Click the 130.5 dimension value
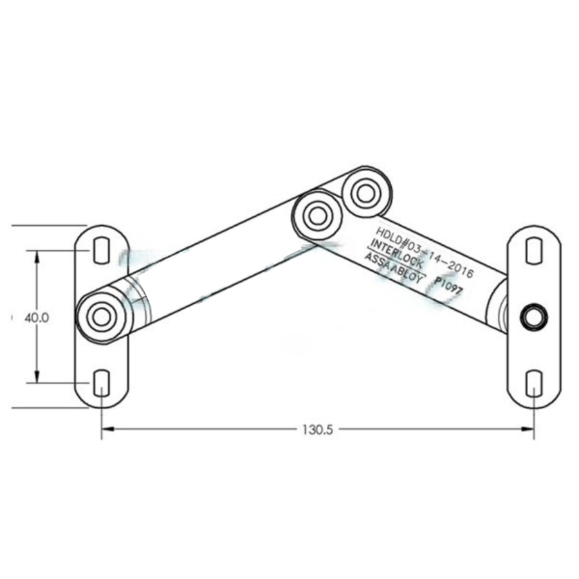pos(317,429)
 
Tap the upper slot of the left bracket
pos(102,250)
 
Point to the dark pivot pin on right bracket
pos(533,317)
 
